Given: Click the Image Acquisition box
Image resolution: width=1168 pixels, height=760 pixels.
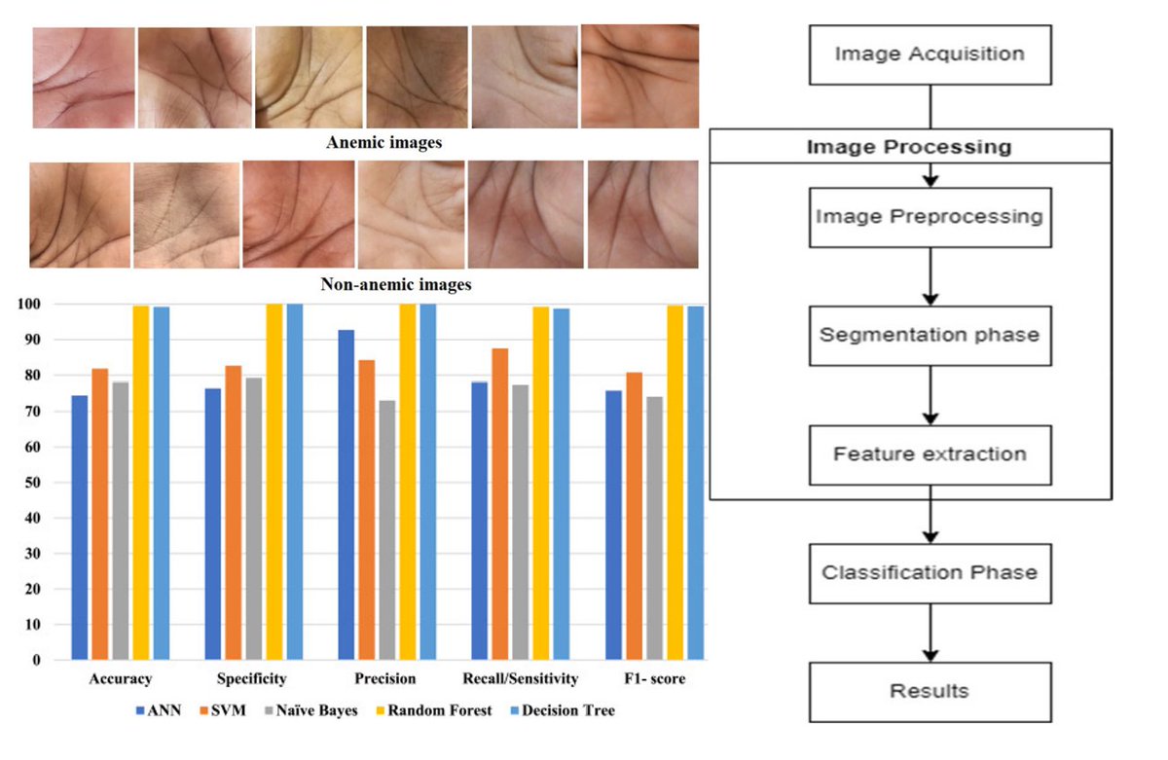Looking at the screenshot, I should [930, 54].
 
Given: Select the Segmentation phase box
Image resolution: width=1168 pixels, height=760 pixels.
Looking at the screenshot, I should [930, 336].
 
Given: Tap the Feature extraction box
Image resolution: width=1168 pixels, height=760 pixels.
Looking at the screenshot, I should [930, 454].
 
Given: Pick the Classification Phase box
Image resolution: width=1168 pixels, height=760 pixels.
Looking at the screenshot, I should [930, 573].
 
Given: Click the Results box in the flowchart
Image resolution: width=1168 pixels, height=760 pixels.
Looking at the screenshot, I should [930, 692].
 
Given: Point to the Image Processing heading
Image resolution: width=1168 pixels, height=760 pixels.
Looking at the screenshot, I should [909, 148].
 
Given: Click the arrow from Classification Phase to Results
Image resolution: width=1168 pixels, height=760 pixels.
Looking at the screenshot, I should [931, 633].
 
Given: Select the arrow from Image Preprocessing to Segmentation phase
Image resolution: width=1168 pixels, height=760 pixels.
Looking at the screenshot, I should [931, 276].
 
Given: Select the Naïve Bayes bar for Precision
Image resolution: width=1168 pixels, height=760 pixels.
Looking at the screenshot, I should [387, 529].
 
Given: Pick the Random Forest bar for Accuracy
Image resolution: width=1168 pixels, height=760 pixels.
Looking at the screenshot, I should [141, 483].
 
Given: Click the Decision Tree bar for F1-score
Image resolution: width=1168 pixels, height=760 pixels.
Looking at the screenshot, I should [695, 483].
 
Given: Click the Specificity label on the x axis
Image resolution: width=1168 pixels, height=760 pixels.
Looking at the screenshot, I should [252, 678].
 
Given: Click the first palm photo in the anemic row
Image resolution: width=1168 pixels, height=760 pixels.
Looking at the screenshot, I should [83, 78].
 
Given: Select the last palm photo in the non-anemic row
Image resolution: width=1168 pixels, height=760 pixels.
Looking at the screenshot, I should [642, 214].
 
